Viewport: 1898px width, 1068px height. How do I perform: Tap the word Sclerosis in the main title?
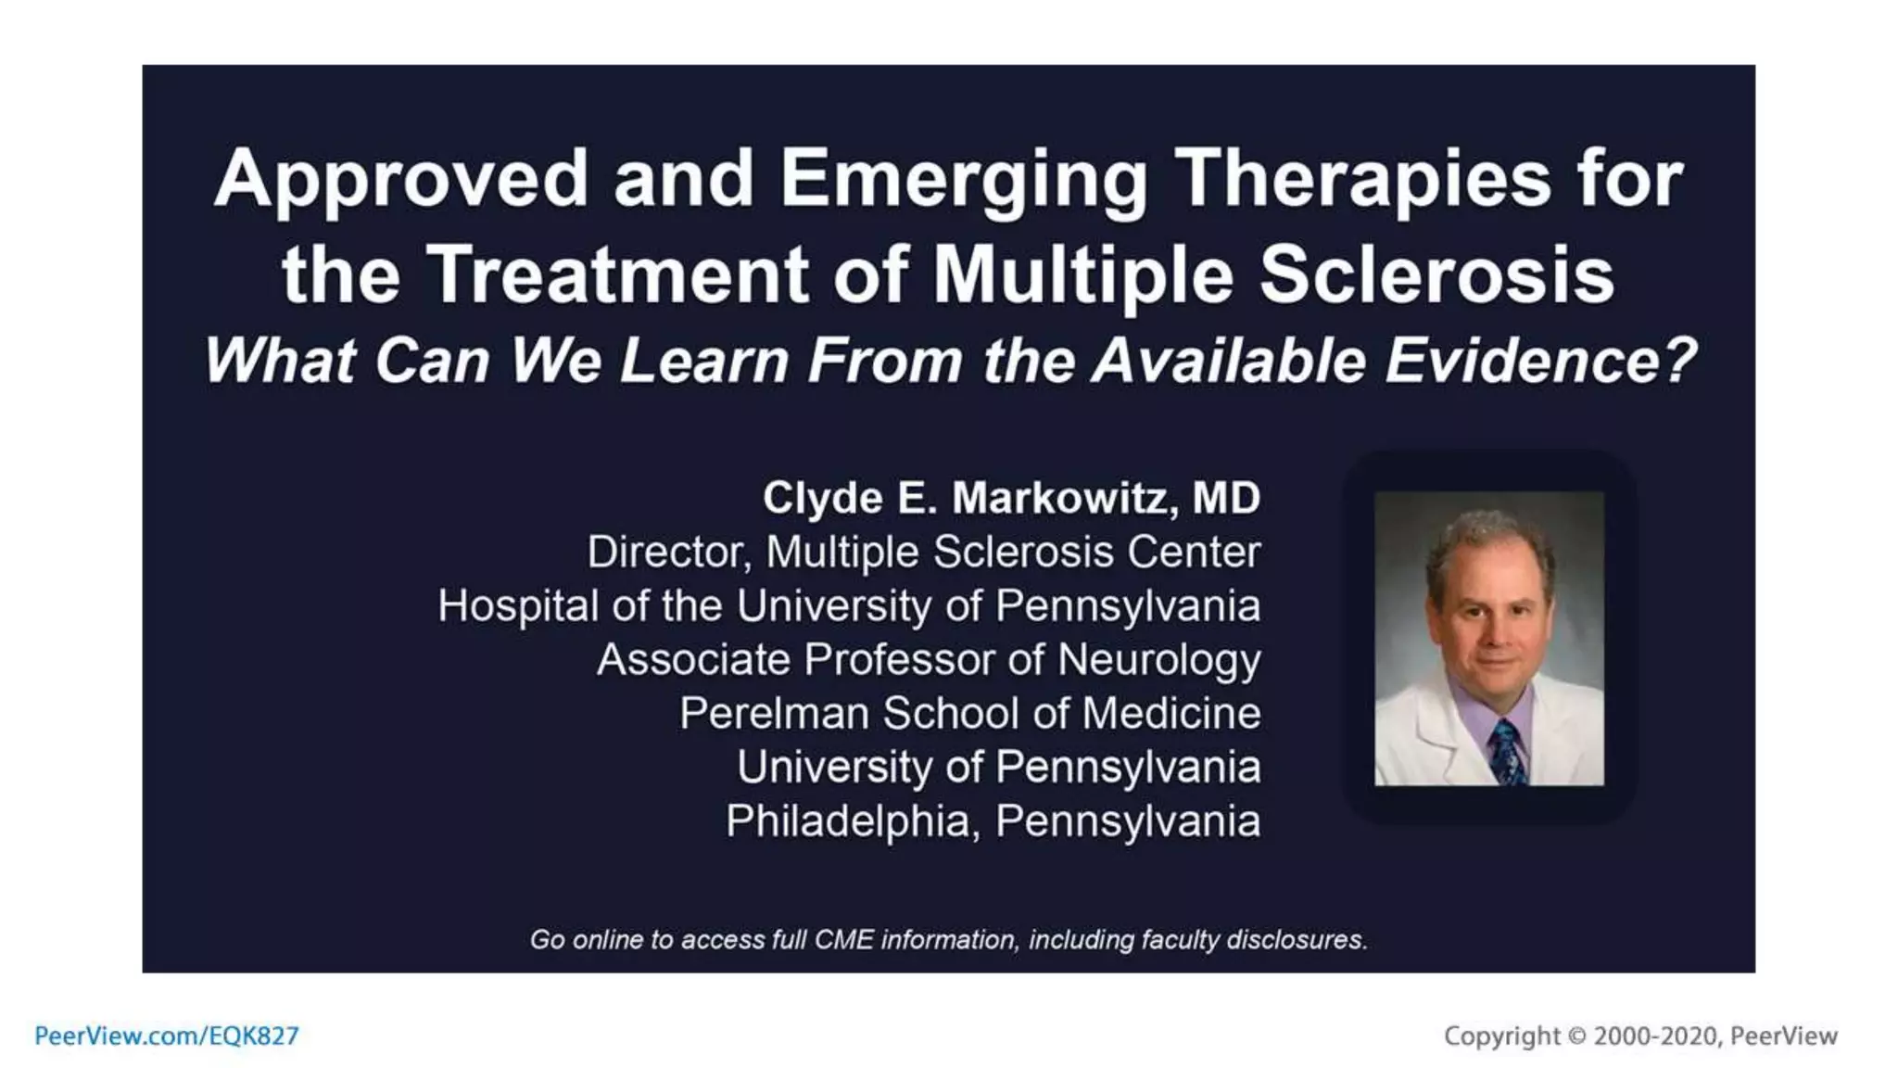(1436, 275)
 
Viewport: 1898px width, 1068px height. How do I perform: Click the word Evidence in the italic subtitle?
(1539, 361)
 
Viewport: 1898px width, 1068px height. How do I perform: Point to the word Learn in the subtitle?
(704, 361)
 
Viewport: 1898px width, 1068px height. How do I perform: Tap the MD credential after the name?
(1226, 498)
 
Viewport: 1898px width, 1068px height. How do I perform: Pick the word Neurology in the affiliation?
(1158, 660)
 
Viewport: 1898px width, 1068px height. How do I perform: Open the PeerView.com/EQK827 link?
(167, 1036)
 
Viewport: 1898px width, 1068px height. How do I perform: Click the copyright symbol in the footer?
(1576, 1036)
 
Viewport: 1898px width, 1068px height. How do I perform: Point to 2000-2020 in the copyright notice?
(1655, 1036)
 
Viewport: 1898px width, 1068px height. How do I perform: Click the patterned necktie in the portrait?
(1508, 752)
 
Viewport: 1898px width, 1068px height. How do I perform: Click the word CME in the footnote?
(843, 940)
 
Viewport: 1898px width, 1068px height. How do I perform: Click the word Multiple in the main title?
(1082, 275)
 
